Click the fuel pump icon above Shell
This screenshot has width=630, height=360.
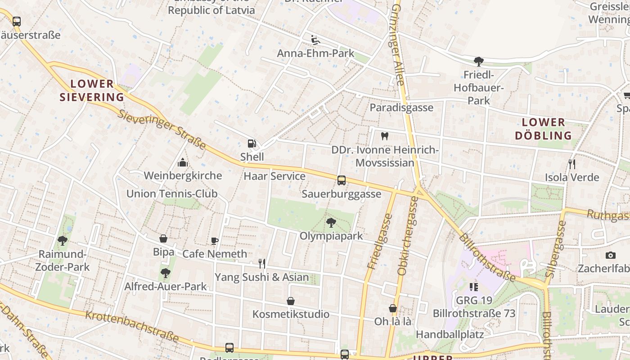tap(252, 144)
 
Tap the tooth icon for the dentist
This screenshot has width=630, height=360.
tap(384, 136)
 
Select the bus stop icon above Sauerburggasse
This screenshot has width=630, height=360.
tap(342, 180)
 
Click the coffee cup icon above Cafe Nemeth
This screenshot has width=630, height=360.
tap(215, 241)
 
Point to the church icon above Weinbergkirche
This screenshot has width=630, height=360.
tap(183, 162)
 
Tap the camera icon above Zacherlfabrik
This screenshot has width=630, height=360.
tap(610, 255)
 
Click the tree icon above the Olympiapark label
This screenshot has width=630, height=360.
tap(331, 222)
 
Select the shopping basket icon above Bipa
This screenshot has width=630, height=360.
tap(163, 238)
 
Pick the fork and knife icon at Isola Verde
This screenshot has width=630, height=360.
tap(571, 164)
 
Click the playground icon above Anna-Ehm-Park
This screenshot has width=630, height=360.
tap(315, 40)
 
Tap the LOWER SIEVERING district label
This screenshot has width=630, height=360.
tap(92, 90)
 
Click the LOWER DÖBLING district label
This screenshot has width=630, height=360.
tap(543, 129)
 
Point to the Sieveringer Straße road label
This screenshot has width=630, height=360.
tap(162, 129)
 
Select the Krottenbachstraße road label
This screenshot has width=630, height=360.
tap(132, 327)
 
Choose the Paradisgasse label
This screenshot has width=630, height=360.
tap(401, 108)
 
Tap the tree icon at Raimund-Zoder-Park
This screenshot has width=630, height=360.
tap(63, 241)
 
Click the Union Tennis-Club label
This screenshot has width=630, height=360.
tap(172, 194)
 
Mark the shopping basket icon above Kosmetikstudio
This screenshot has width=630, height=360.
tap(291, 301)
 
